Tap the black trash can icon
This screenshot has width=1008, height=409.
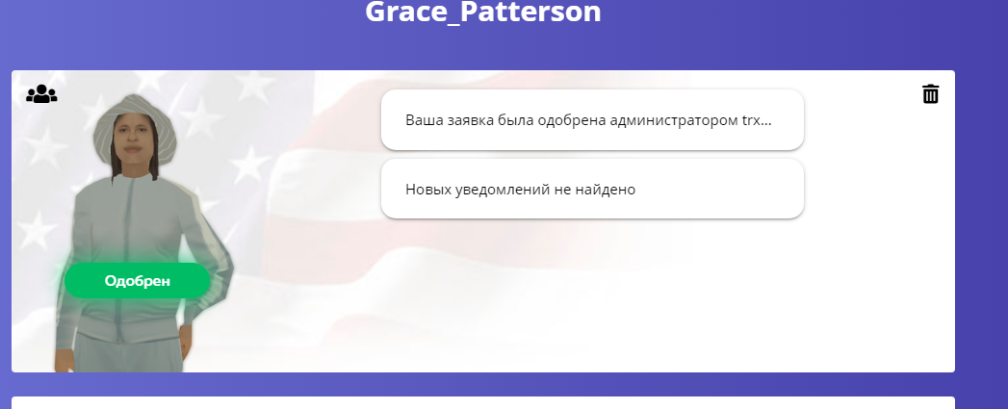point(930,94)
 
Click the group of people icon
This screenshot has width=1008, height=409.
point(41,94)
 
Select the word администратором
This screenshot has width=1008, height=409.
point(672,120)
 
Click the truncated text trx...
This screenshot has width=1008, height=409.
point(757,120)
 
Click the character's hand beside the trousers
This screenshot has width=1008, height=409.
point(185,338)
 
